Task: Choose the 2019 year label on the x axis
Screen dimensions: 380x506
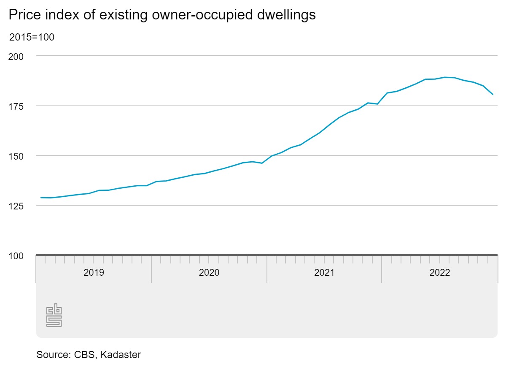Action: pos(94,272)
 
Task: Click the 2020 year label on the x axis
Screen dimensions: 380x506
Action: pos(209,272)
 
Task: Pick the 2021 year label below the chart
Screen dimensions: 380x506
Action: pos(324,272)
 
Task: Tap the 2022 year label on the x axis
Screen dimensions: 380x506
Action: pos(440,272)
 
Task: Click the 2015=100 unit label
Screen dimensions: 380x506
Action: pos(32,37)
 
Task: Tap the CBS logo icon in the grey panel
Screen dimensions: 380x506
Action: pos(54,315)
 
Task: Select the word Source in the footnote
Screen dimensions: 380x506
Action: pos(51,355)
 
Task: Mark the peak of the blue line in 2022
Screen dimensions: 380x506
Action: pos(445,77)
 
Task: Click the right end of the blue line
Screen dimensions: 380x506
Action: pos(493,94)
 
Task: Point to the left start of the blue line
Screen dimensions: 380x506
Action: pos(41,198)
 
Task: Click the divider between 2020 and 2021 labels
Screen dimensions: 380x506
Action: pos(267,272)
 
